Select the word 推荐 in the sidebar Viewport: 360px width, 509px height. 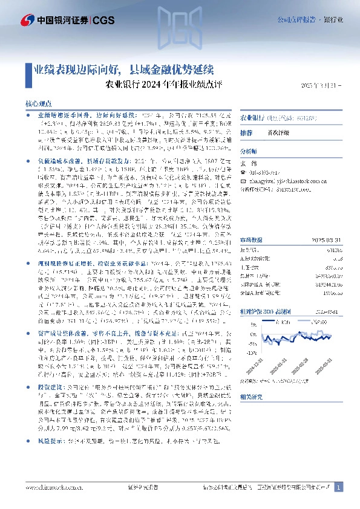(246, 132)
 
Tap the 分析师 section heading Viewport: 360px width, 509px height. (249, 151)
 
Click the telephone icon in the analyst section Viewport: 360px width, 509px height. (243, 172)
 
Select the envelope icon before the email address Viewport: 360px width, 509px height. (243, 180)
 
